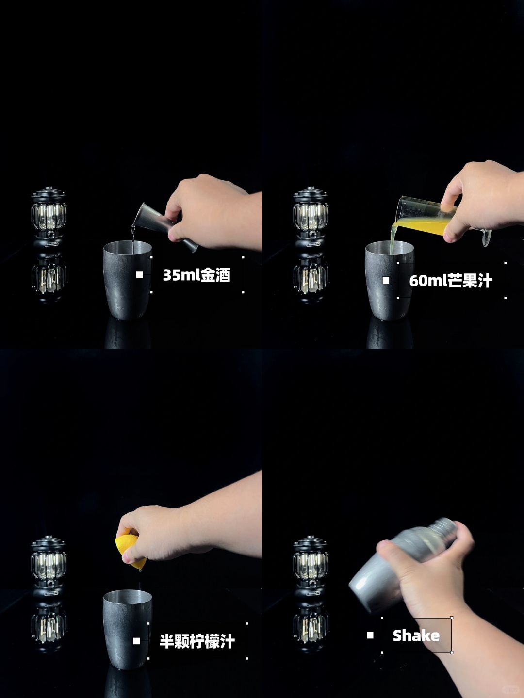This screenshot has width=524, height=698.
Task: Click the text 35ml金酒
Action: [196, 275]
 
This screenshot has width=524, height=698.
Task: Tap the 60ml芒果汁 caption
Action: [451, 281]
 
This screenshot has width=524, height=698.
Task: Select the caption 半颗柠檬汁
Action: [197, 641]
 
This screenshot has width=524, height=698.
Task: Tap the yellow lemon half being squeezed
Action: [131, 552]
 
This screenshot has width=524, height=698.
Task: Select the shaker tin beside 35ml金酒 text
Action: [127, 280]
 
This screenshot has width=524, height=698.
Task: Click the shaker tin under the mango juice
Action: [390, 280]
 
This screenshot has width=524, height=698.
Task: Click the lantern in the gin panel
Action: [49, 218]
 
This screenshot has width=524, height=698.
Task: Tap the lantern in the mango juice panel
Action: [311, 218]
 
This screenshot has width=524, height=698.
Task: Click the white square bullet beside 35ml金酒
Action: [139, 275]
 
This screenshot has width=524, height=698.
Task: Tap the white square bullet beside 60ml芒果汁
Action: [386, 280]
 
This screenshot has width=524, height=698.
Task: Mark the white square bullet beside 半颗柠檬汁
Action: [136, 641]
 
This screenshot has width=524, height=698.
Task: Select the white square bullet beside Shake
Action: [370, 635]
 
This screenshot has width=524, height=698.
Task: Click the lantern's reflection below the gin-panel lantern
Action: [49, 277]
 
